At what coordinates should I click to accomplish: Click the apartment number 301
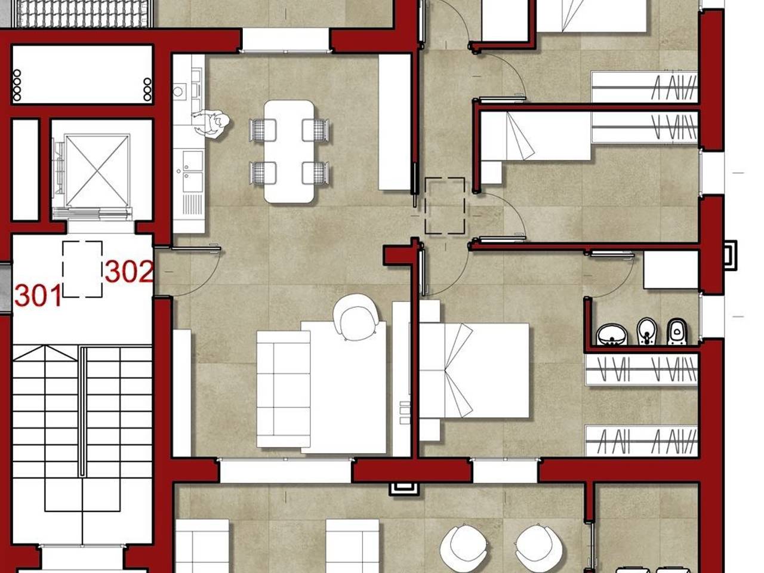pyautogui.click(x=38, y=295)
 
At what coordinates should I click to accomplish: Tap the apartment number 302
pyautogui.click(x=129, y=272)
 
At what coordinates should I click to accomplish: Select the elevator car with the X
pyautogui.click(x=97, y=171)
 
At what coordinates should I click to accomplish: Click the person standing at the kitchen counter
pyautogui.click(x=211, y=124)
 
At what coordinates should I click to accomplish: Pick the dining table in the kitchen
pyautogui.click(x=289, y=152)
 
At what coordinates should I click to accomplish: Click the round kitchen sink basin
pyautogui.click(x=178, y=91)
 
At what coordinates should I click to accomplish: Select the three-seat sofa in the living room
pyautogui.click(x=284, y=389)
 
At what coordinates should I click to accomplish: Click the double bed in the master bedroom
pyautogui.click(x=474, y=371)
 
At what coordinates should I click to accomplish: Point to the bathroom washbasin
pyautogui.click(x=612, y=335)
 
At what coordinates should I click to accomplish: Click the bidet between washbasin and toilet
pyautogui.click(x=646, y=331)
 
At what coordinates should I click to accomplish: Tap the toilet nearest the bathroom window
pyautogui.click(x=677, y=332)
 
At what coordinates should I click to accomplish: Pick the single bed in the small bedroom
pyautogui.click(x=535, y=135)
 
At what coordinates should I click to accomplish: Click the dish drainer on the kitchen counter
pyautogui.click(x=192, y=204)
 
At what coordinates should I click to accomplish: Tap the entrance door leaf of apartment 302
pyautogui.click(x=196, y=248)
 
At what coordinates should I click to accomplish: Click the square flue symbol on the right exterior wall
pyautogui.click(x=731, y=255)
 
